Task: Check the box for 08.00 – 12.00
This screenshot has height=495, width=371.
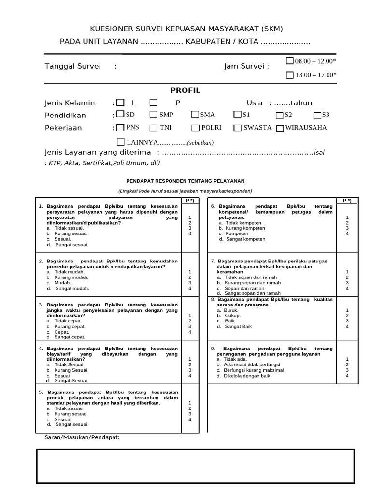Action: (x=289, y=61)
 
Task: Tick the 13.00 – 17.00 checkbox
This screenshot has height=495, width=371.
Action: (x=289, y=75)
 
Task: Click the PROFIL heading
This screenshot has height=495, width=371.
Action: (x=185, y=91)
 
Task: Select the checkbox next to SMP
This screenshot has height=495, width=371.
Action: (x=153, y=115)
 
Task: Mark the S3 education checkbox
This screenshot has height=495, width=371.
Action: (x=317, y=115)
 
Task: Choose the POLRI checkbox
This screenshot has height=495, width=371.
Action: (x=195, y=128)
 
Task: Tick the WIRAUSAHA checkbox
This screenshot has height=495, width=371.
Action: (x=279, y=128)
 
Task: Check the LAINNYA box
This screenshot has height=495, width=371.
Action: (x=120, y=142)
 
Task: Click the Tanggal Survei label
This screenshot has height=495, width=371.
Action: (x=73, y=66)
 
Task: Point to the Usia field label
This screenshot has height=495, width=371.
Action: (x=255, y=103)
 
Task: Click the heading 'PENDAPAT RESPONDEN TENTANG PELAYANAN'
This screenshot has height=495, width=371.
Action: (x=185, y=181)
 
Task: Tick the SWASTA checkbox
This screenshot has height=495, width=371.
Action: (x=237, y=128)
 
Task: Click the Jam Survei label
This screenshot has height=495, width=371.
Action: (x=246, y=66)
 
